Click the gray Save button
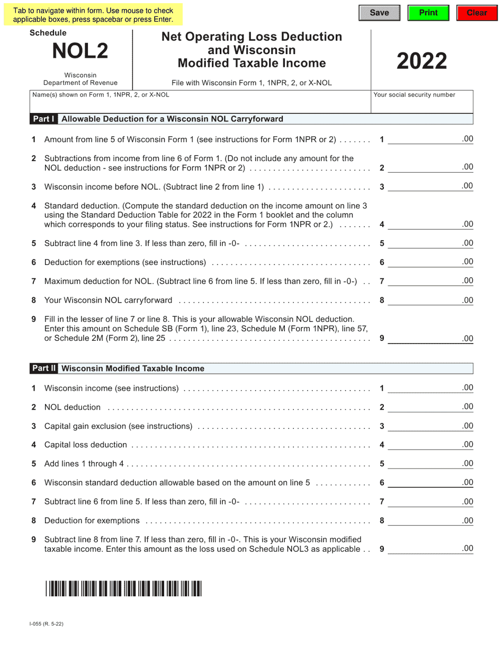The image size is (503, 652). point(379,13)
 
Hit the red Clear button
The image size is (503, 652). point(477,13)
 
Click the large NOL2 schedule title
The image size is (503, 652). point(80,51)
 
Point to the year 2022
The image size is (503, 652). point(422,61)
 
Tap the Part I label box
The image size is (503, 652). point(44,119)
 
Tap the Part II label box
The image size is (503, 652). point(44,368)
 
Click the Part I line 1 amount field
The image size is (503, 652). point(430,139)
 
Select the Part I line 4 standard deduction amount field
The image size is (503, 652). point(430,224)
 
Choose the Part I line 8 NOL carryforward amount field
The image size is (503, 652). point(430,301)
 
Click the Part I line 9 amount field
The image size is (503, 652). point(430,339)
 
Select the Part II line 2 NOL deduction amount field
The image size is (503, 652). point(430,407)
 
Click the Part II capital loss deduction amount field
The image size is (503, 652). point(430,445)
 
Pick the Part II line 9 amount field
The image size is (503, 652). point(430,549)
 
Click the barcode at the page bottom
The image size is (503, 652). point(123,589)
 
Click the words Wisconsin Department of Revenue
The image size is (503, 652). point(80,79)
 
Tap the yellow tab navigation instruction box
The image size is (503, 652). point(93,15)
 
